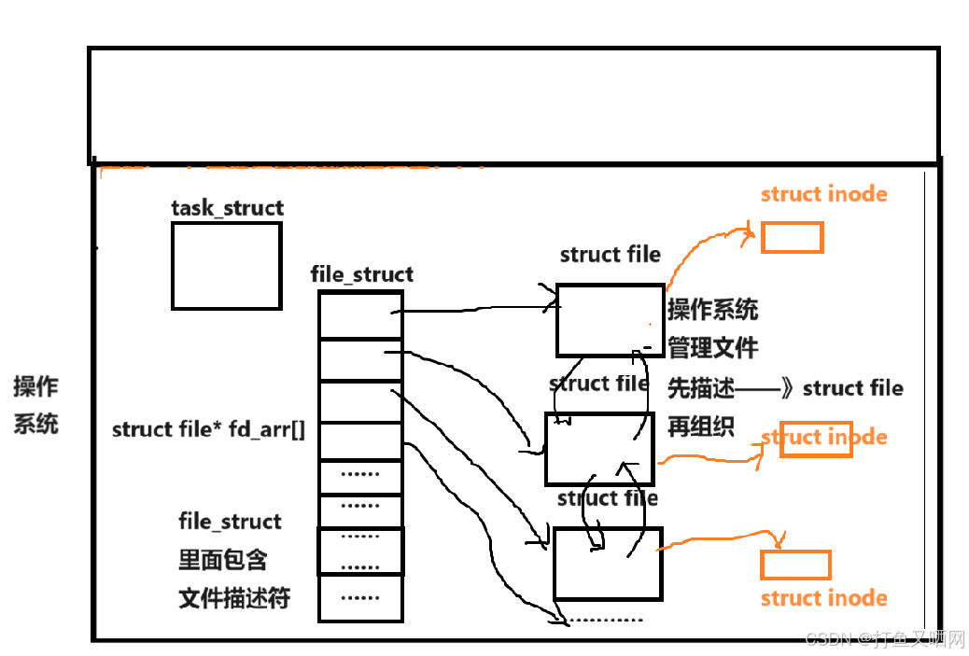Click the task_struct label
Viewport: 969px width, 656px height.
point(227,207)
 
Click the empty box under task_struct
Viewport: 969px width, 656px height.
point(226,266)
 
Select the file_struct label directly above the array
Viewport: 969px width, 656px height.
point(361,274)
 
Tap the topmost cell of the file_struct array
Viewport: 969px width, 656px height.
point(360,314)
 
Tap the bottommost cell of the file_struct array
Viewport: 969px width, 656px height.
point(360,598)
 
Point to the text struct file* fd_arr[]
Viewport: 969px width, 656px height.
point(208,430)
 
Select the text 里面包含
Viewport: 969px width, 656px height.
point(223,559)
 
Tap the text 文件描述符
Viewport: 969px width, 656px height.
point(233,597)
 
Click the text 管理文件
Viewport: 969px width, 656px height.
point(712,349)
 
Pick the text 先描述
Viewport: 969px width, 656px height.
point(700,388)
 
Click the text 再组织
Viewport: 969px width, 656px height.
point(700,426)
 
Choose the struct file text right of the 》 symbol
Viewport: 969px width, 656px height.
point(852,388)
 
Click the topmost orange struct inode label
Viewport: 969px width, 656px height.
point(823,194)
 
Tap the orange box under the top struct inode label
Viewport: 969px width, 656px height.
point(792,237)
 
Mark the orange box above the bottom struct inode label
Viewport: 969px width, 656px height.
point(795,565)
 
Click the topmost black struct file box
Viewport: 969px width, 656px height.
point(611,319)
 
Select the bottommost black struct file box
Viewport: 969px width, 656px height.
point(608,563)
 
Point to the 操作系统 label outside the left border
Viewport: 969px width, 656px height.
point(35,405)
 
